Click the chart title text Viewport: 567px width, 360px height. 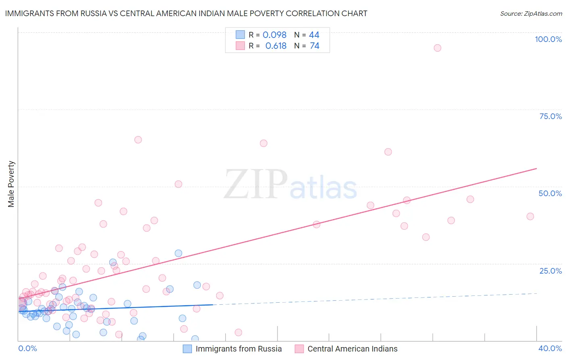point(186,13)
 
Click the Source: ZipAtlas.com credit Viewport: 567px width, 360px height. point(531,13)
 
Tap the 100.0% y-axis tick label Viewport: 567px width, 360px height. point(548,39)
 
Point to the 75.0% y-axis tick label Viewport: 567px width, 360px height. point(550,116)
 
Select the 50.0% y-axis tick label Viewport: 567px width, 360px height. point(550,193)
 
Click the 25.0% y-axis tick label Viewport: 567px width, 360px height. point(550,271)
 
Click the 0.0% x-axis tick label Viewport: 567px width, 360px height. point(27,348)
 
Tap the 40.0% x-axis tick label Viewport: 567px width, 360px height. point(550,348)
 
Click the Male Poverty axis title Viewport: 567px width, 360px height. point(11,184)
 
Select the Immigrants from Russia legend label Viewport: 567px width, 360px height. point(238,349)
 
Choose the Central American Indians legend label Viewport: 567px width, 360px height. point(352,349)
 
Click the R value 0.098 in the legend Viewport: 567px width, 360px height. point(274,35)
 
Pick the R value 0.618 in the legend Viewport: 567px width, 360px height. point(275,46)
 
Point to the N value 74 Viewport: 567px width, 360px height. point(315,46)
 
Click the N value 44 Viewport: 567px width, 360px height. point(314,35)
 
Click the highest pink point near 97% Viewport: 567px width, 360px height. point(437,48)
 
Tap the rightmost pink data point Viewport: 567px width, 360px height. point(530,216)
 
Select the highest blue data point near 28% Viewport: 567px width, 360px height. point(178,253)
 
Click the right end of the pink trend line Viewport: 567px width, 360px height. point(536,168)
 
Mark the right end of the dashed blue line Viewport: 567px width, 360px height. point(536,293)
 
